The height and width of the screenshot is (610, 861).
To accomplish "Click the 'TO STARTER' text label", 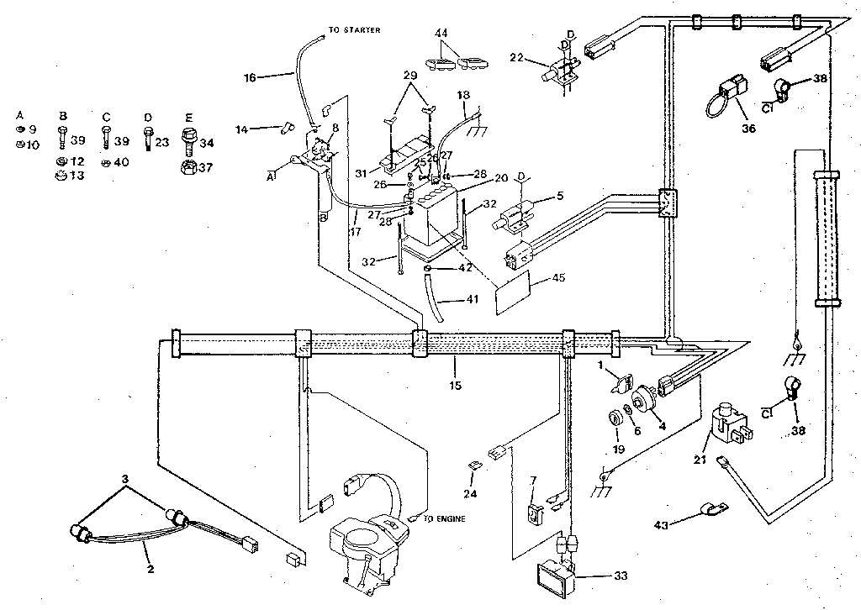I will click(x=354, y=30).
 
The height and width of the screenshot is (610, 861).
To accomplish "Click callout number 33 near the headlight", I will click(x=621, y=577).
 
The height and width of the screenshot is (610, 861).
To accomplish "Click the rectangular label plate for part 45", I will click(x=517, y=292).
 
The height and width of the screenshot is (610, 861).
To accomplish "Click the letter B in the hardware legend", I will click(x=62, y=116).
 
